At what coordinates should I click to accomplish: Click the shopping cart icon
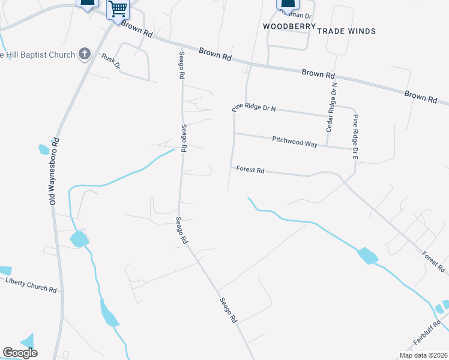coord(118,9)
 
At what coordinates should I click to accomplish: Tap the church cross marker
coord(85,55)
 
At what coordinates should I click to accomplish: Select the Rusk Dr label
coord(111,61)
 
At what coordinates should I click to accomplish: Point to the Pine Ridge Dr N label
coord(254,108)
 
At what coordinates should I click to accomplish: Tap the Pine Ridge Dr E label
coord(355,137)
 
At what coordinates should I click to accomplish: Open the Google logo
coord(20,353)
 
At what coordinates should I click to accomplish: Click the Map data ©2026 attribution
coord(423,355)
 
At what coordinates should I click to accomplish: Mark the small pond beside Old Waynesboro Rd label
coord(44,149)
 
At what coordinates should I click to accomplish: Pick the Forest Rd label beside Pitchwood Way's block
coord(250,170)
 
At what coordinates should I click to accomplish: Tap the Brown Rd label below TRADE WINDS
coord(318,74)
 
